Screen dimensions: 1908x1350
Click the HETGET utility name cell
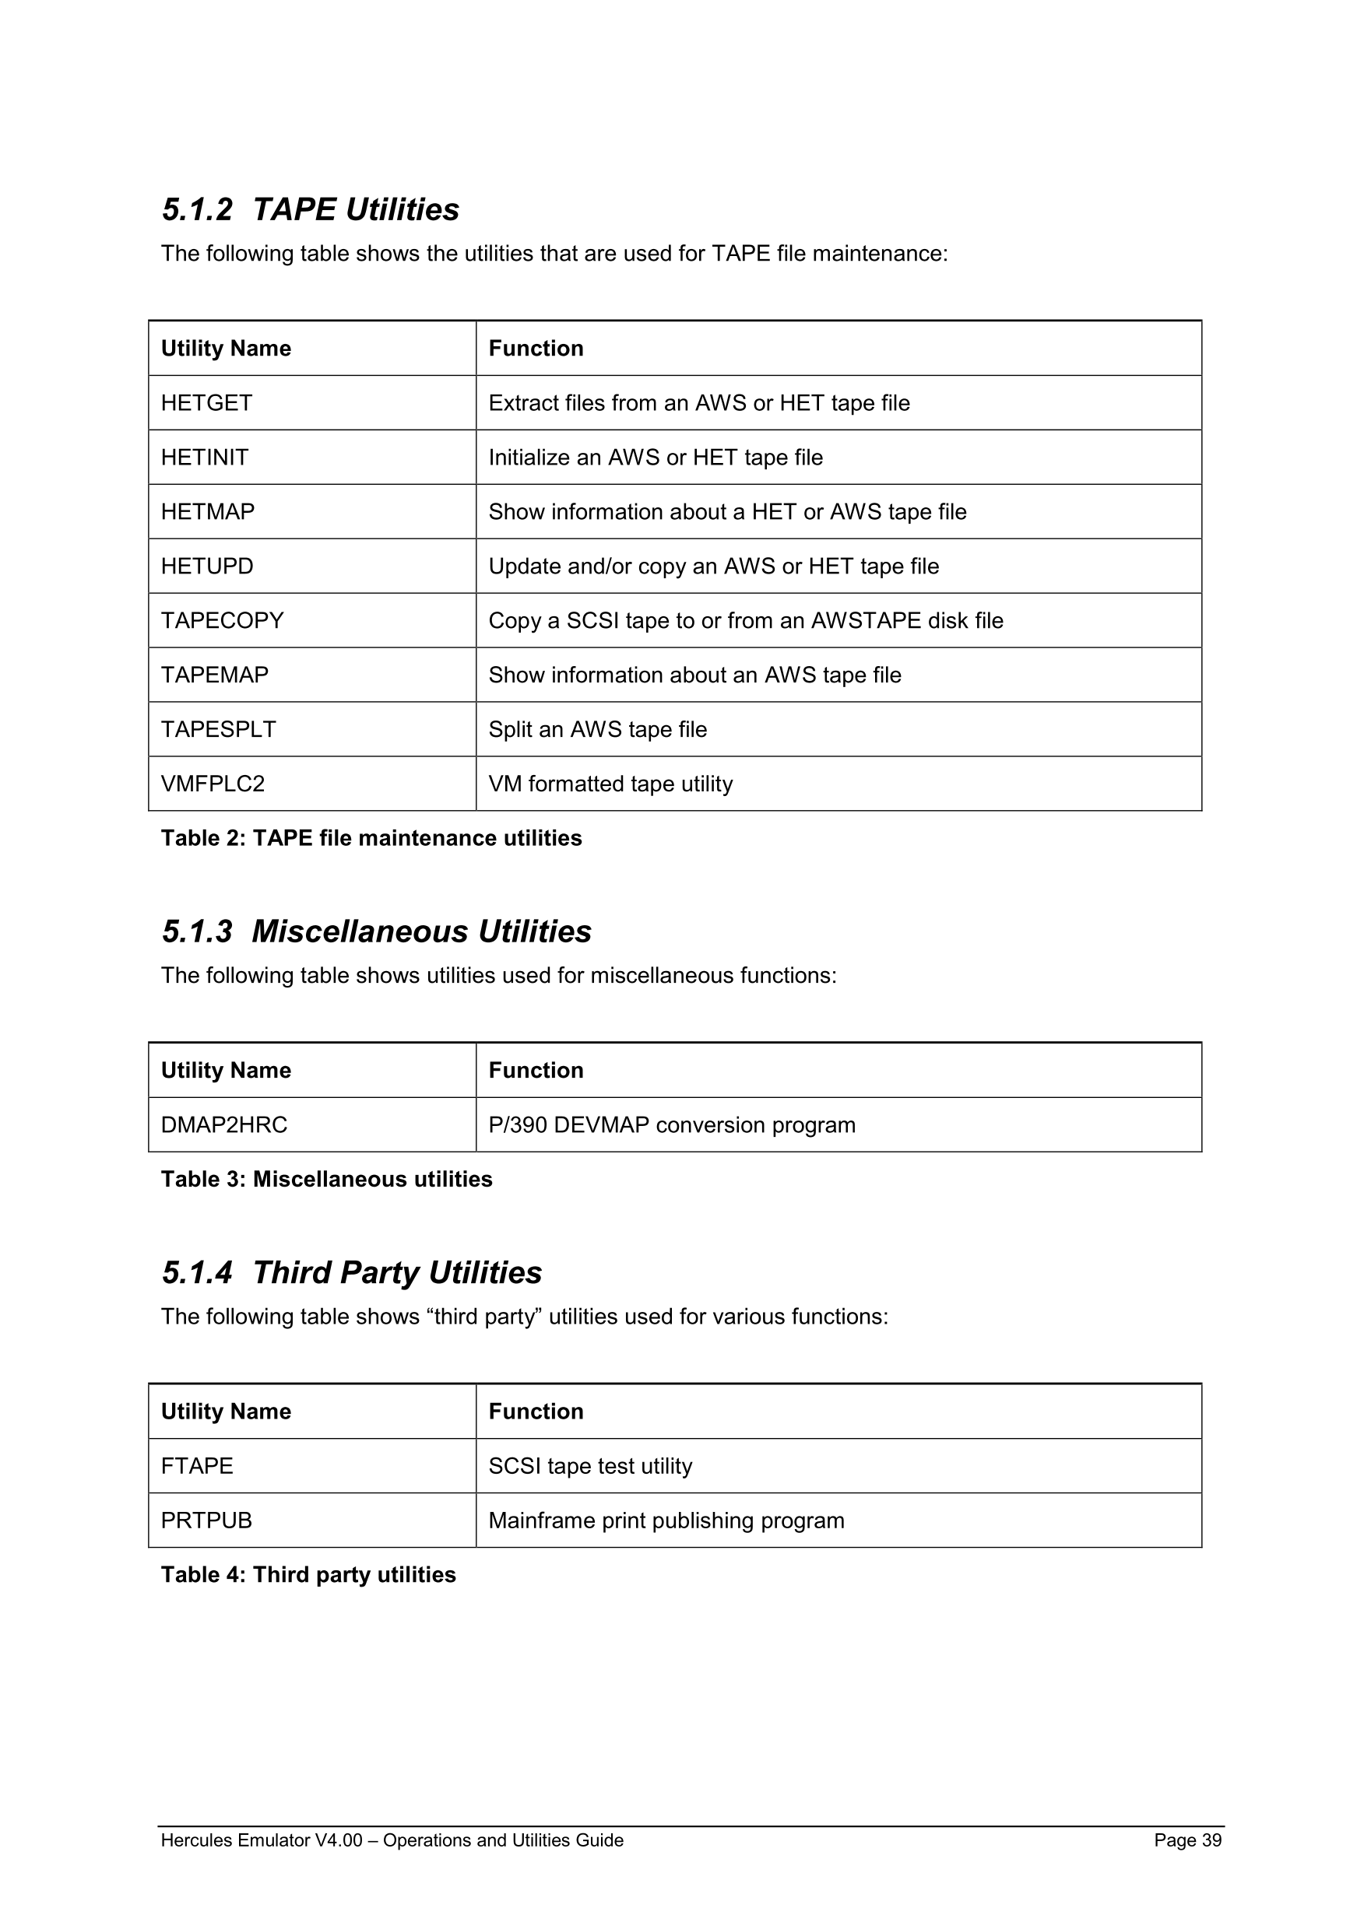point(206,403)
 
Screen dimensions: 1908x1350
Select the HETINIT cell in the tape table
point(205,457)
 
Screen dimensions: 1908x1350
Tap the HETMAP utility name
point(208,512)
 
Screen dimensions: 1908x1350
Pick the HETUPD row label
point(207,566)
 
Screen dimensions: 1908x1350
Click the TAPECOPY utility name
point(222,621)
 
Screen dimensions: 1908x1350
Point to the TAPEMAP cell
point(214,675)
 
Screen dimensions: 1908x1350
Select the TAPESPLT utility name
point(218,730)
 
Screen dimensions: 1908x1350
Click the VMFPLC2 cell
point(213,784)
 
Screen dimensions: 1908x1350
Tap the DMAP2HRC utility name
point(223,1125)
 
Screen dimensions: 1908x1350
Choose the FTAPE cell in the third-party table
point(197,1466)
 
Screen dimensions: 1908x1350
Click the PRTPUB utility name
point(206,1520)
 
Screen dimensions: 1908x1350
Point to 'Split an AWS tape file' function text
point(598,730)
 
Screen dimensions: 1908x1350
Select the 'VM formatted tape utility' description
point(610,784)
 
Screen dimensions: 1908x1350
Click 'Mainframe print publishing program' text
point(666,1520)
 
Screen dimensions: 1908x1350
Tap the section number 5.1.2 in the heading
point(197,209)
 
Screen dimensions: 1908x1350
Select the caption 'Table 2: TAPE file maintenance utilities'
point(371,837)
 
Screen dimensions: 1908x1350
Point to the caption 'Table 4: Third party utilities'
point(308,1575)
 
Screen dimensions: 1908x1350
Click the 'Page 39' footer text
point(1187,1840)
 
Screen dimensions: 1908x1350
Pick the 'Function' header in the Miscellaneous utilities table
point(536,1071)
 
